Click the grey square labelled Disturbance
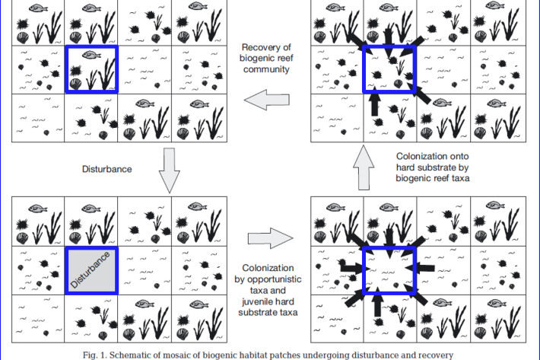point(91,269)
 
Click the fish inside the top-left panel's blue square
point(89,55)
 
